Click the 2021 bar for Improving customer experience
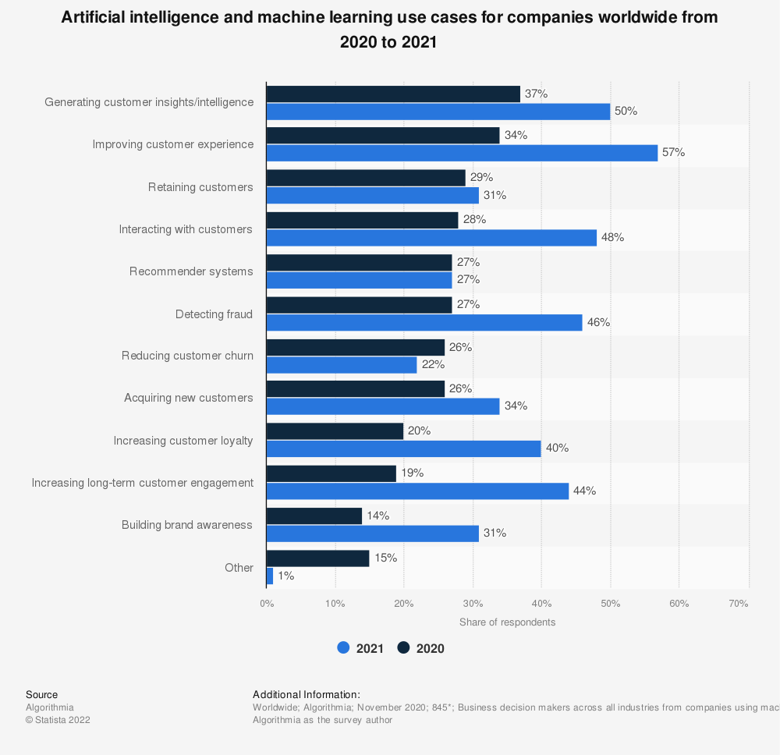click(x=462, y=153)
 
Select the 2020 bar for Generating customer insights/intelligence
click(x=393, y=94)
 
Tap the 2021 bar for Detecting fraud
click(x=424, y=322)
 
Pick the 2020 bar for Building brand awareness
click(x=314, y=516)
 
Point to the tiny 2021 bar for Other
click(x=270, y=576)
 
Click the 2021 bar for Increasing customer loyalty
click(x=403, y=448)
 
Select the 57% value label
click(x=674, y=153)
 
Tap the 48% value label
click(x=613, y=237)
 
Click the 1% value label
click(x=286, y=576)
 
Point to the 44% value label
click(x=585, y=491)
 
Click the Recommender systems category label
click(x=191, y=271)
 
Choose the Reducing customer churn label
click(x=187, y=356)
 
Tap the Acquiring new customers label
click(x=189, y=398)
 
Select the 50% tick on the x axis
click(x=611, y=603)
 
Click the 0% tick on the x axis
click(x=267, y=603)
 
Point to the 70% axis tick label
click(x=739, y=603)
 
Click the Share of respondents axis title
click(x=507, y=622)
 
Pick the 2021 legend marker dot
click(x=343, y=647)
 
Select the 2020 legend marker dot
click(x=403, y=647)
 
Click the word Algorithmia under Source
click(x=50, y=707)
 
